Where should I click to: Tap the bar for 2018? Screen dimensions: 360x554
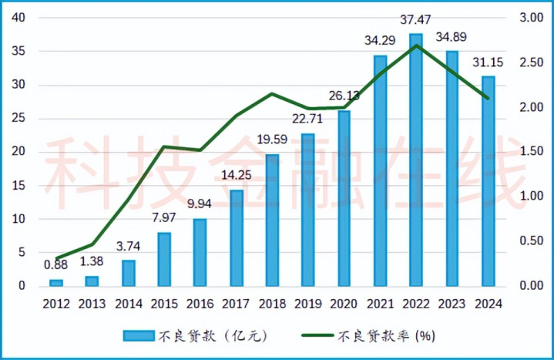(272, 220)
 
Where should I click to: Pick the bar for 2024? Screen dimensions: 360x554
(488, 181)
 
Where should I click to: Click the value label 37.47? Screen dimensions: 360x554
(416, 18)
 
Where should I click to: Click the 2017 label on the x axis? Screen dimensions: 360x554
(237, 304)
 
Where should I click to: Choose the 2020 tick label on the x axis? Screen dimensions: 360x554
(344, 304)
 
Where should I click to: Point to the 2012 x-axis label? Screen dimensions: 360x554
(56, 304)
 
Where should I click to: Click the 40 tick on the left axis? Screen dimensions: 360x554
(20, 18)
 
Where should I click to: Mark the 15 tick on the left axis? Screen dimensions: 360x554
(20, 186)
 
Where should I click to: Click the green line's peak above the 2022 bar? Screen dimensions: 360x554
(416, 45)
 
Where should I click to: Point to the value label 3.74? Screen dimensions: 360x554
(129, 247)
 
